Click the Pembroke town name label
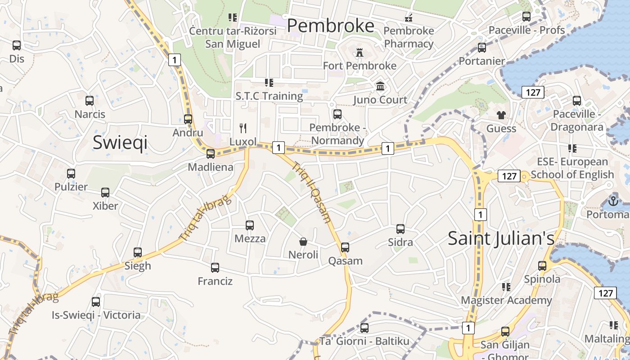330,26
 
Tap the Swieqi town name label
120,142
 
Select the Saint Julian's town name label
501,238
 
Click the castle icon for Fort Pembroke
359,53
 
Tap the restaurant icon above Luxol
243,128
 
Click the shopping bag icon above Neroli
303,242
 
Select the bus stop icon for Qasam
345,247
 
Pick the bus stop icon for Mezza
250,225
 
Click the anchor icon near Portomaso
613,201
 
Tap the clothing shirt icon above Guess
501,115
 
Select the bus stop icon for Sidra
400,229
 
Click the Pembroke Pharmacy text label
409,37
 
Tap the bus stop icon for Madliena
211,154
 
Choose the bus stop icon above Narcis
90,101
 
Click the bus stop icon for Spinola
542,266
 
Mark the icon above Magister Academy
506,287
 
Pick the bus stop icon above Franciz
215,268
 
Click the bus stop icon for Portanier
482,48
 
